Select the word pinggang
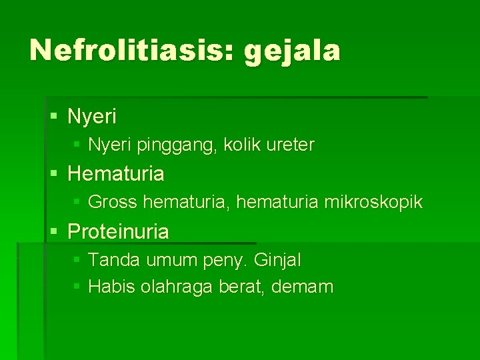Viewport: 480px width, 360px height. tap(169, 145)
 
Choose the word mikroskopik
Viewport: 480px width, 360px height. tap(373, 201)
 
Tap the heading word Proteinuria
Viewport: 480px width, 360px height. tap(118, 231)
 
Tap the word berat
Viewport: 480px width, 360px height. tap(241, 287)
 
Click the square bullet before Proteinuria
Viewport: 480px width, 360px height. tap(55, 232)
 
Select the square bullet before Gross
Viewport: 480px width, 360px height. tap(77, 201)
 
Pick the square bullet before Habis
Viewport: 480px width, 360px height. tap(77, 287)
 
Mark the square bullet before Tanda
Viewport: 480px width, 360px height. tap(77, 258)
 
